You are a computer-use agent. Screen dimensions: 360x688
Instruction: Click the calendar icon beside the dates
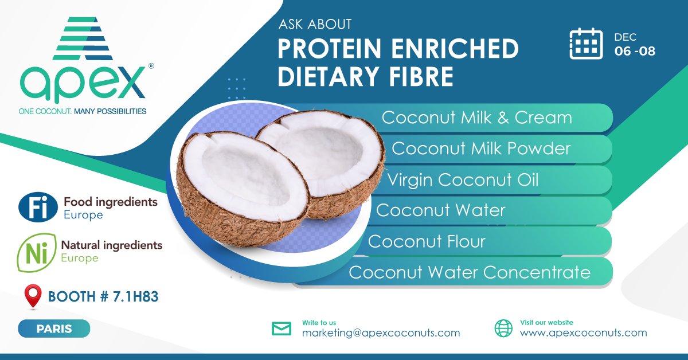[586, 43]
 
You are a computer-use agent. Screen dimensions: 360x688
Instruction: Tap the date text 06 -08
[635, 51]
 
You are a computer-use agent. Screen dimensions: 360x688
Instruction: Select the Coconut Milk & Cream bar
[477, 118]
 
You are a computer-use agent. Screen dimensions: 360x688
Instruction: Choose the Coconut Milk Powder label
[480, 148]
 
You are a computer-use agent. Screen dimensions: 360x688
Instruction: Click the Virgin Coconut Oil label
[463, 179]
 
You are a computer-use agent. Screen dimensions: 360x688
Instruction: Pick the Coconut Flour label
[427, 241]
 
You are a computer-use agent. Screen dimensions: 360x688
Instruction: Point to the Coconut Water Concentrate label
[469, 272]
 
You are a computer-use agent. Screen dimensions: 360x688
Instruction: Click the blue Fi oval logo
[38, 208]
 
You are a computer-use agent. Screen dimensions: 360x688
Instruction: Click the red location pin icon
[33, 297]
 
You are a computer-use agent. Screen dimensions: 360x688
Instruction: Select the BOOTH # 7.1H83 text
[103, 297]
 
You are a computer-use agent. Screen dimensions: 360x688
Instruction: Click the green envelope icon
[282, 328]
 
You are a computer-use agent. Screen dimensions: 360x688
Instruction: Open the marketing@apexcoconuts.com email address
[381, 332]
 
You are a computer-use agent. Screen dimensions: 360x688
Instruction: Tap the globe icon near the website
[503, 328]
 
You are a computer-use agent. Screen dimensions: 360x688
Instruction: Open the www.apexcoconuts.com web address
[583, 332]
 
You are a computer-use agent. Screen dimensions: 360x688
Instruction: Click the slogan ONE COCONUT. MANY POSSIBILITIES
[83, 111]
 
